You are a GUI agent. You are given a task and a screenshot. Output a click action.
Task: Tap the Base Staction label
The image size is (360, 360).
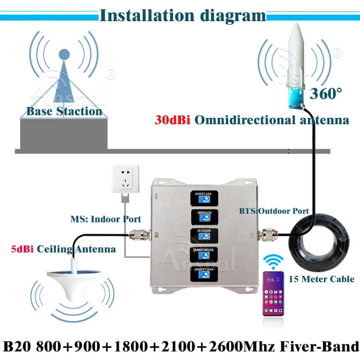coord(64,111)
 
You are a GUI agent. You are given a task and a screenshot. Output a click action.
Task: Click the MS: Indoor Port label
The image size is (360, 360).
coord(105,220)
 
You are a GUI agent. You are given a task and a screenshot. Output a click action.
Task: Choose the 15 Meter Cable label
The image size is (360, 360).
coord(321,279)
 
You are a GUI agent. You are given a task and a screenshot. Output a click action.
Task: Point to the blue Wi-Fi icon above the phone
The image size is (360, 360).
coord(274,262)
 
